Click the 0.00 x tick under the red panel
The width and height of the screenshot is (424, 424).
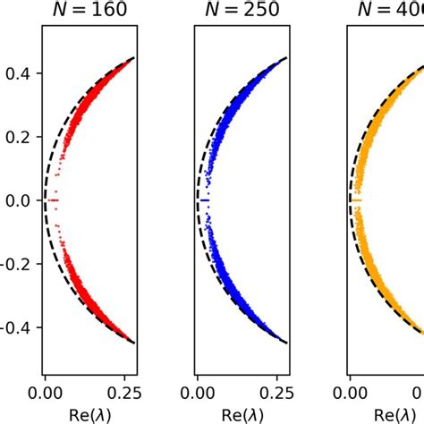pos(45,390)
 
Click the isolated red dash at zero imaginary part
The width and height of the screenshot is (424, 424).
pos(55,200)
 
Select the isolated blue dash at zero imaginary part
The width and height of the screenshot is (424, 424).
pos(206,200)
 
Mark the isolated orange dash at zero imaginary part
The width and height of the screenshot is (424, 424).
pos(356,200)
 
